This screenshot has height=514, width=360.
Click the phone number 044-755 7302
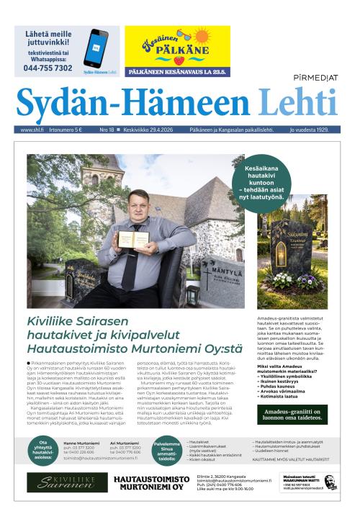click(48, 68)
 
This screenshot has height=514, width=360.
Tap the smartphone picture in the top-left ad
click(96, 49)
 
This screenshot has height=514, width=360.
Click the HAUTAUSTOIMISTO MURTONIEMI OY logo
click(153, 482)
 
